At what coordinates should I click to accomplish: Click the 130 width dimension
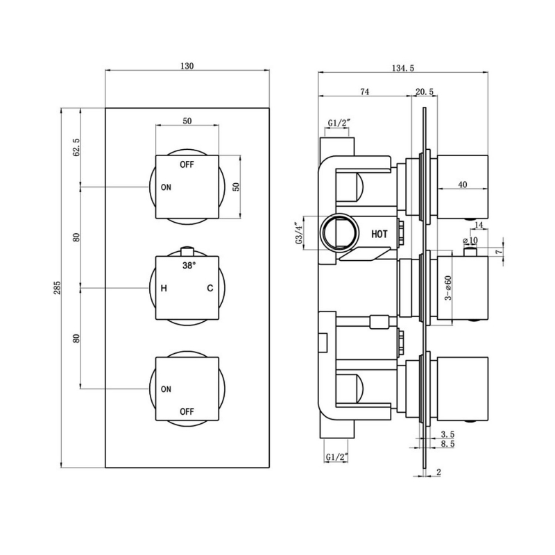pyautogui.click(x=187, y=67)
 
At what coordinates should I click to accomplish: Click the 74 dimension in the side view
pyautogui.click(x=365, y=92)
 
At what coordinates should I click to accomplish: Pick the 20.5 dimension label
pyautogui.click(x=425, y=92)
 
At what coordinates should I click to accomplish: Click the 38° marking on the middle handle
pyautogui.click(x=189, y=266)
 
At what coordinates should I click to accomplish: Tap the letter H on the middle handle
pyautogui.click(x=164, y=288)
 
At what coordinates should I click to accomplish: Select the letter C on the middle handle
pyautogui.click(x=208, y=288)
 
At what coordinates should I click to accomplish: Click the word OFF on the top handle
pyautogui.click(x=187, y=165)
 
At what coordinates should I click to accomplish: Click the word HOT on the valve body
pyautogui.click(x=379, y=234)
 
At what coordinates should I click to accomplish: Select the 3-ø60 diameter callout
pyautogui.click(x=449, y=287)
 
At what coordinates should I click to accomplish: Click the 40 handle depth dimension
pyautogui.click(x=462, y=185)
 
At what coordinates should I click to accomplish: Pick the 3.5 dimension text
pyautogui.click(x=447, y=434)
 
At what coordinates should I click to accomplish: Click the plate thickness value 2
pyautogui.click(x=439, y=472)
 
